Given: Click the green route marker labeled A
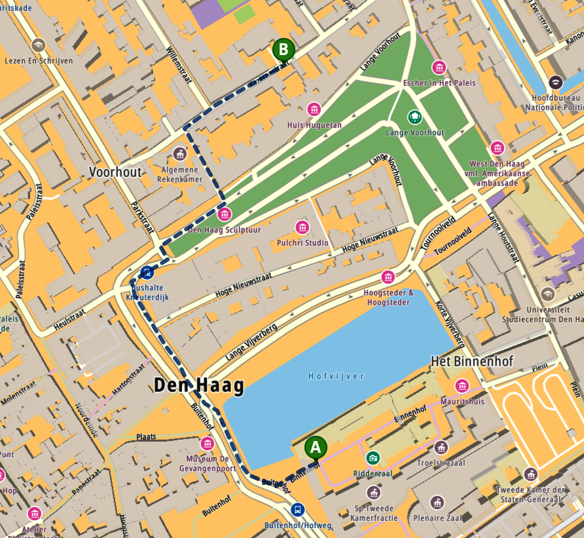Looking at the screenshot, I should coord(316,448).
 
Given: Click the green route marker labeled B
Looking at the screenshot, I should coord(283,48).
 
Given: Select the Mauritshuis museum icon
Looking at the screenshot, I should coord(462,386).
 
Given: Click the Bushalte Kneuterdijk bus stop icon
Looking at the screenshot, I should coord(147,272).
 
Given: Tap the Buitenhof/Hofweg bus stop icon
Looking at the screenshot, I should coord(298,509).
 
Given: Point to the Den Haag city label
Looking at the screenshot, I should coord(198,385).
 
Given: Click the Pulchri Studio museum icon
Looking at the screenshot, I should coord(302,227).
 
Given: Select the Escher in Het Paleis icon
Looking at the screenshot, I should coord(439,67).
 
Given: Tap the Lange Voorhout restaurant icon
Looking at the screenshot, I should coord(414,117).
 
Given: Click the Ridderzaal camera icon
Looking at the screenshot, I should coord(373,457).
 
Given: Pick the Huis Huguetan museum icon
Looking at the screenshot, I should coord(314,109).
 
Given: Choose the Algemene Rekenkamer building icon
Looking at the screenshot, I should coord(179,154).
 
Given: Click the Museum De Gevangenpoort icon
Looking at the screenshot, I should coord(208,444).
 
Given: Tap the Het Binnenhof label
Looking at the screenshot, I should coord(471,361).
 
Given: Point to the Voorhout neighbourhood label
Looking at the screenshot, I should coord(115,172).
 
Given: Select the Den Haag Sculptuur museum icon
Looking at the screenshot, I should coord(225,214).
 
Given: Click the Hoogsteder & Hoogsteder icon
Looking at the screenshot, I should coord(388,277).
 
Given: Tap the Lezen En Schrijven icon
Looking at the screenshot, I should coord(39,45).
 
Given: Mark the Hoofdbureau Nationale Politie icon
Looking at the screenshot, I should coord(555,83).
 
